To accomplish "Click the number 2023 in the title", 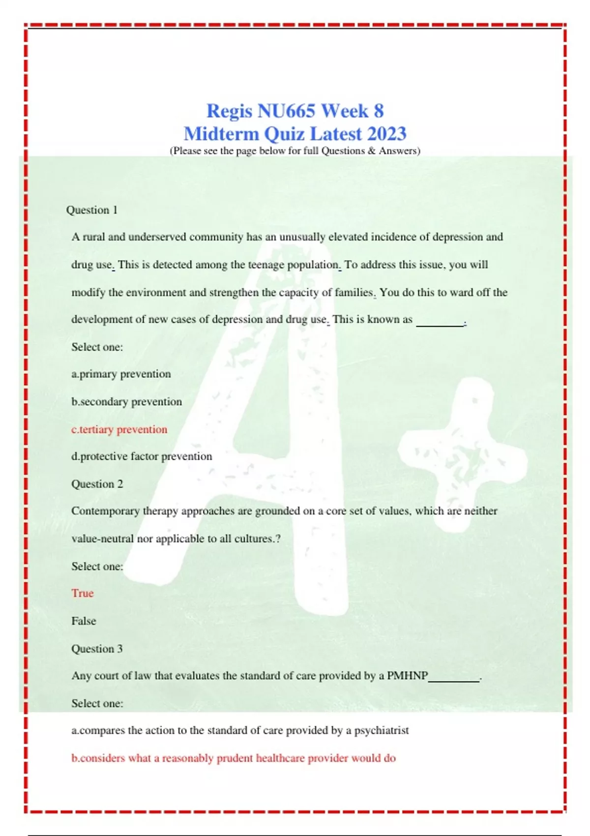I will (x=386, y=134).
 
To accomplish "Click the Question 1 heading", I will (x=92, y=210).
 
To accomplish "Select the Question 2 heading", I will (x=97, y=484).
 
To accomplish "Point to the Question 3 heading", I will (x=97, y=649).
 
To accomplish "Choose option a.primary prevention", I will (x=121, y=374).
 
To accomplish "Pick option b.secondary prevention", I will (x=126, y=402).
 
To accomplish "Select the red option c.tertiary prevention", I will (x=119, y=429).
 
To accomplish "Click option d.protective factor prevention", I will (x=142, y=456).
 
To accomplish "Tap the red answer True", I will (x=82, y=593).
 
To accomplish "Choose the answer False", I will (x=84, y=621).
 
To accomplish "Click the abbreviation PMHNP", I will (x=407, y=676).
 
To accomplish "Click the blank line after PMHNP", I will (x=454, y=680).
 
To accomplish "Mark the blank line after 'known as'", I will (x=440, y=324).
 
